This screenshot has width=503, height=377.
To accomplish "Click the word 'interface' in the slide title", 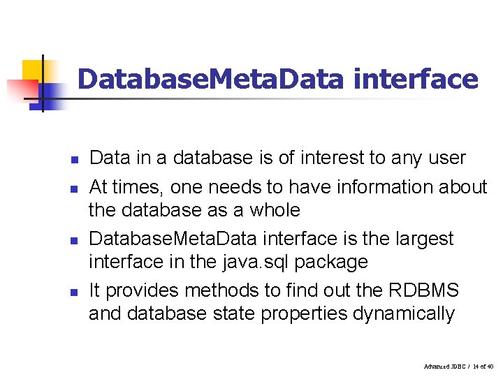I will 416,79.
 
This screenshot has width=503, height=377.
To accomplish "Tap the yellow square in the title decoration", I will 33,71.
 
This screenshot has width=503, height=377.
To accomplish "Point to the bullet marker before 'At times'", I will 73,189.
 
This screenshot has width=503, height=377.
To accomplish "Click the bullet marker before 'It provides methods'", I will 73,292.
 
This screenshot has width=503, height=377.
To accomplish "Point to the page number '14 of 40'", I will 481,367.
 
